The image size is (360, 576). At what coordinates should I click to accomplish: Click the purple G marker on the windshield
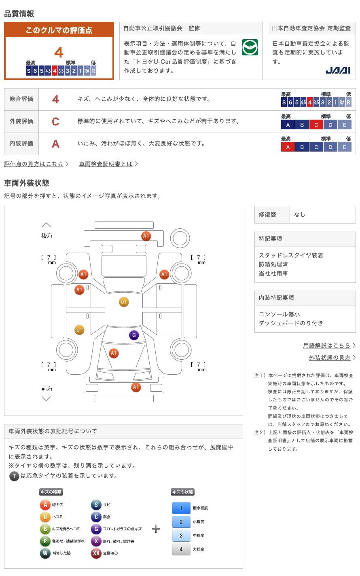(134, 335)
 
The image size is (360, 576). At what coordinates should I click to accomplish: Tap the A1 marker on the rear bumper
(146, 236)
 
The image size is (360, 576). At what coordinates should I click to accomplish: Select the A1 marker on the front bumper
(136, 387)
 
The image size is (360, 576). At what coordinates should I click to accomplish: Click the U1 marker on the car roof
(124, 302)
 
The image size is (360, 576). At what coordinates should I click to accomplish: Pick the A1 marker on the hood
(114, 353)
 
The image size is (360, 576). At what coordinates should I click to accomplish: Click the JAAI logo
(338, 70)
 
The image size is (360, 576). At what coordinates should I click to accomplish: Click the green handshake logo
(250, 47)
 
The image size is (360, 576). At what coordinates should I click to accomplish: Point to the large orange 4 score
(59, 53)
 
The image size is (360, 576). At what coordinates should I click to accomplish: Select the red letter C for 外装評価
(55, 122)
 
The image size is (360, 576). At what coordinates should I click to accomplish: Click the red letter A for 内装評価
(55, 144)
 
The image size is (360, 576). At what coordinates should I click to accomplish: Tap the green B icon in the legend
(45, 529)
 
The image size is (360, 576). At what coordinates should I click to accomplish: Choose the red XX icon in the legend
(96, 553)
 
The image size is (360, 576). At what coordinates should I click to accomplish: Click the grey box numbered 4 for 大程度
(181, 549)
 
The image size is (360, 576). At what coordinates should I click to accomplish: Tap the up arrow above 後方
(47, 225)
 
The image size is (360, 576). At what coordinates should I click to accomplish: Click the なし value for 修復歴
(300, 215)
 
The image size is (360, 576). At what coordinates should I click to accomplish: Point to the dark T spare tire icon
(15, 476)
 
